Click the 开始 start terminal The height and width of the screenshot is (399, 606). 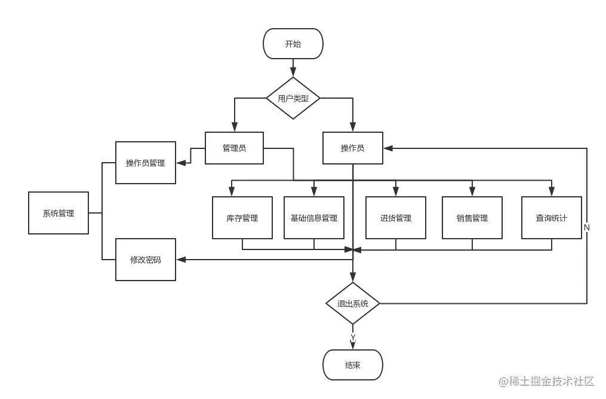pos(293,44)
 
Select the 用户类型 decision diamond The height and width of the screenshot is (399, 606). pos(293,98)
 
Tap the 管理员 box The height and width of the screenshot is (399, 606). pos(234,148)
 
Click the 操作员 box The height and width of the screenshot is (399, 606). pos(352,148)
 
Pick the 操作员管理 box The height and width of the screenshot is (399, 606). pos(145,163)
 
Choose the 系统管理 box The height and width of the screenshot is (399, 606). pos(59,213)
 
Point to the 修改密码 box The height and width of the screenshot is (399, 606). pos(145,260)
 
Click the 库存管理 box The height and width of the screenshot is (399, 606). pos(242,218)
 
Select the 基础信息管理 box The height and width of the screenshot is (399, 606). pos(314,218)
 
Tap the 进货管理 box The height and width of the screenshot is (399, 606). pos(395,218)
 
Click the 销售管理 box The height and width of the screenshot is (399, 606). pos(472,218)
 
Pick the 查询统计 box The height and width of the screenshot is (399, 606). pos(551,218)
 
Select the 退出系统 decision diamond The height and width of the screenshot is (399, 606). pos(353,303)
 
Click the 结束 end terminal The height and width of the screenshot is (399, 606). pos(352,365)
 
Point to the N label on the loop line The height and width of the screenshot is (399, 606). pos(587,227)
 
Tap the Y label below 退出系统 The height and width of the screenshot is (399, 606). pos(353,337)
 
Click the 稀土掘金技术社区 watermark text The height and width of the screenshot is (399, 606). pos(546,380)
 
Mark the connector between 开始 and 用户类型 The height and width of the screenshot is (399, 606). pos(293,68)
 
